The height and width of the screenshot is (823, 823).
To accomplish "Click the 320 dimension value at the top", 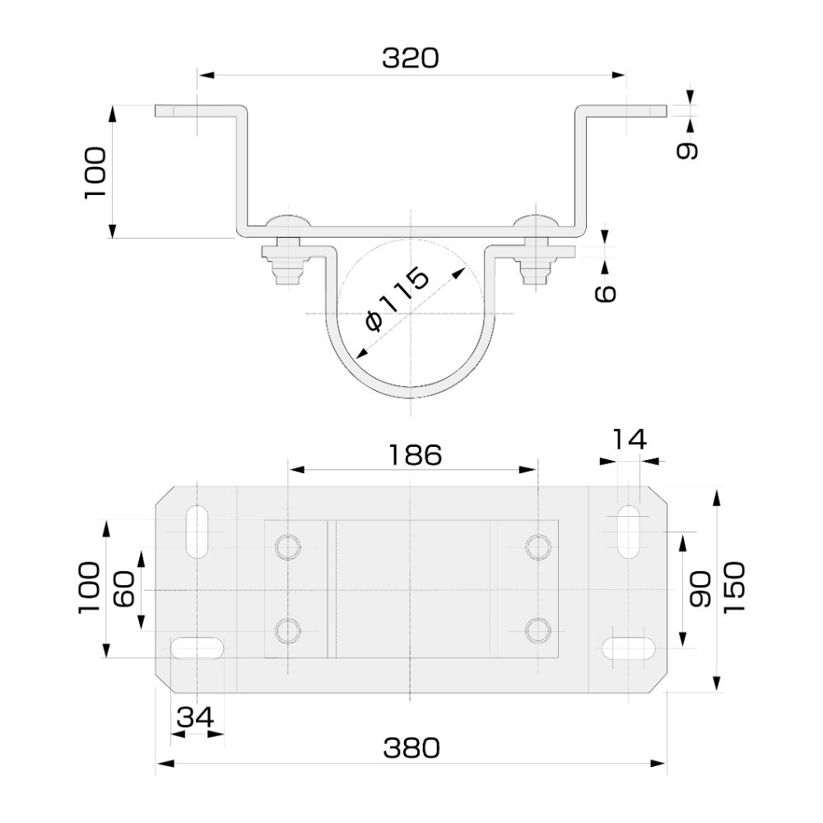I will pyautogui.click(x=411, y=58).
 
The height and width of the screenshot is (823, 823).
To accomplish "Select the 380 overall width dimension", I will pyautogui.click(x=411, y=748).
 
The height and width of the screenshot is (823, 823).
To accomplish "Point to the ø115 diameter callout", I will pyautogui.click(x=398, y=298).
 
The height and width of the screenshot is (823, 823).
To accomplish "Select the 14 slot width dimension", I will pyautogui.click(x=630, y=439).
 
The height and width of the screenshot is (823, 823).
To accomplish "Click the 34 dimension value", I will pyautogui.click(x=197, y=718).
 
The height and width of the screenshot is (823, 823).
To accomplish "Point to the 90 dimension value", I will pyautogui.click(x=700, y=590).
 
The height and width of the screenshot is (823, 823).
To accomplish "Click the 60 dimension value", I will pyautogui.click(x=123, y=590).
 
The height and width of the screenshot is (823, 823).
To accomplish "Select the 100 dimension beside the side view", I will pyautogui.click(x=95, y=172).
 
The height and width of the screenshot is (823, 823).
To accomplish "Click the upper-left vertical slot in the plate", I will pyautogui.click(x=198, y=532).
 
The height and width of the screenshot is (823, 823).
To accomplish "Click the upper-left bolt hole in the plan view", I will pyautogui.click(x=288, y=546).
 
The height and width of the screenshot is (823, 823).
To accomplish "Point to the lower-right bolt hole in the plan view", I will pyautogui.click(x=538, y=630).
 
